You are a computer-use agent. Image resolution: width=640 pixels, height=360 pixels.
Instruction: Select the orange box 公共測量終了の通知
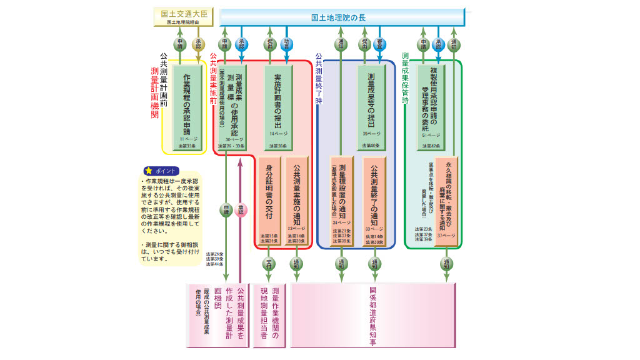coord(374,201)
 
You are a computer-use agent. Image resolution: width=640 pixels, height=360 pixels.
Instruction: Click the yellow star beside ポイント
coord(148,171)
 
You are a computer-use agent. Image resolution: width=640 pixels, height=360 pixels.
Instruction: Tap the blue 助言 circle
coord(287,44)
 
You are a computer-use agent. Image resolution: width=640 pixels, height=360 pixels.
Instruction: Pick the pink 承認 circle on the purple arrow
coord(241,211)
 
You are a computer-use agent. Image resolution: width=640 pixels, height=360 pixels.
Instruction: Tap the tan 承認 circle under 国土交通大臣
coord(199,44)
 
